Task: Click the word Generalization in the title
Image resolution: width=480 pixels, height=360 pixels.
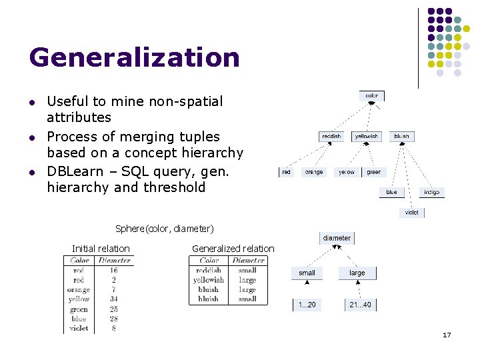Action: (x=134, y=57)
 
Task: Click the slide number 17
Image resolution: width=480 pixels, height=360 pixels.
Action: (x=447, y=335)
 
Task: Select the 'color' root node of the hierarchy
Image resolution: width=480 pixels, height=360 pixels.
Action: (x=371, y=95)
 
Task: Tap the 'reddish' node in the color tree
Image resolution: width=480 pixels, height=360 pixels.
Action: (x=331, y=136)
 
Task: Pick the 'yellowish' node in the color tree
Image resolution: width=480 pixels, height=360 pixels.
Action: (x=366, y=136)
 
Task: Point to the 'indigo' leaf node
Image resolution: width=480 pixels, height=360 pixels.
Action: (x=431, y=192)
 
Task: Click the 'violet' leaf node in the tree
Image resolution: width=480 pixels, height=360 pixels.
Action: (x=412, y=213)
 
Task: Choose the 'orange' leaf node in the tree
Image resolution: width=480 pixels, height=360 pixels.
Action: (x=313, y=172)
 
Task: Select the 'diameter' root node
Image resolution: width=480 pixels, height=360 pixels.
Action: (x=337, y=238)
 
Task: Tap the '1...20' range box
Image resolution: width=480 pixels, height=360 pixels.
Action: (x=307, y=305)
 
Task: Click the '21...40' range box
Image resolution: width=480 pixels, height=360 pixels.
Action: (x=359, y=305)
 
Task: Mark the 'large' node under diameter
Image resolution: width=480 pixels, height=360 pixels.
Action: (x=357, y=273)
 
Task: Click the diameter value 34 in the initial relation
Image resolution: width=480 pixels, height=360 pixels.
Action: (x=114, y=299)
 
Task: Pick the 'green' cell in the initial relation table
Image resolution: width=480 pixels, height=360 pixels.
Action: (x=79, y=309)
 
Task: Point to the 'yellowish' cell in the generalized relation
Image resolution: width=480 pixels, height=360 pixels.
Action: (x=209, y=280)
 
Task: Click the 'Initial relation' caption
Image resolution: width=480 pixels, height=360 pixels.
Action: (x=101, y=249)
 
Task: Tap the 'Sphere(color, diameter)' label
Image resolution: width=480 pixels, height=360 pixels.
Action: (x=164, y=229)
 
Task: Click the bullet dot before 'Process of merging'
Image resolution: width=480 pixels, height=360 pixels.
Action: (x=31, y=137)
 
